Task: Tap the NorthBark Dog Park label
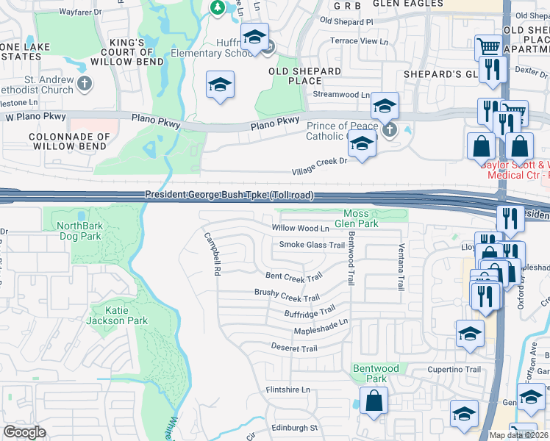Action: click(x=89, y=232)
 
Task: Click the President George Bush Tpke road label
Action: click(x=229, y=195)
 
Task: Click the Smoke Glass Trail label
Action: click(x=312, y=245)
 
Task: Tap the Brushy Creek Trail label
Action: click(x=287, y=295)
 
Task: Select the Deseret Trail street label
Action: click(x=293, y=348)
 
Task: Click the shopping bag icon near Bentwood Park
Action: click(x=374, y=401)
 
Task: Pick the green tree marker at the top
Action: click(x=217, y=8)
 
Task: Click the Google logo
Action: click(x=25, y=432)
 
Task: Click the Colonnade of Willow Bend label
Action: click(x=69, y=142)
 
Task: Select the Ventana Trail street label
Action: click(x=401, y=267)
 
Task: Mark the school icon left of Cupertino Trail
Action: click(x=470, y=335)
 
